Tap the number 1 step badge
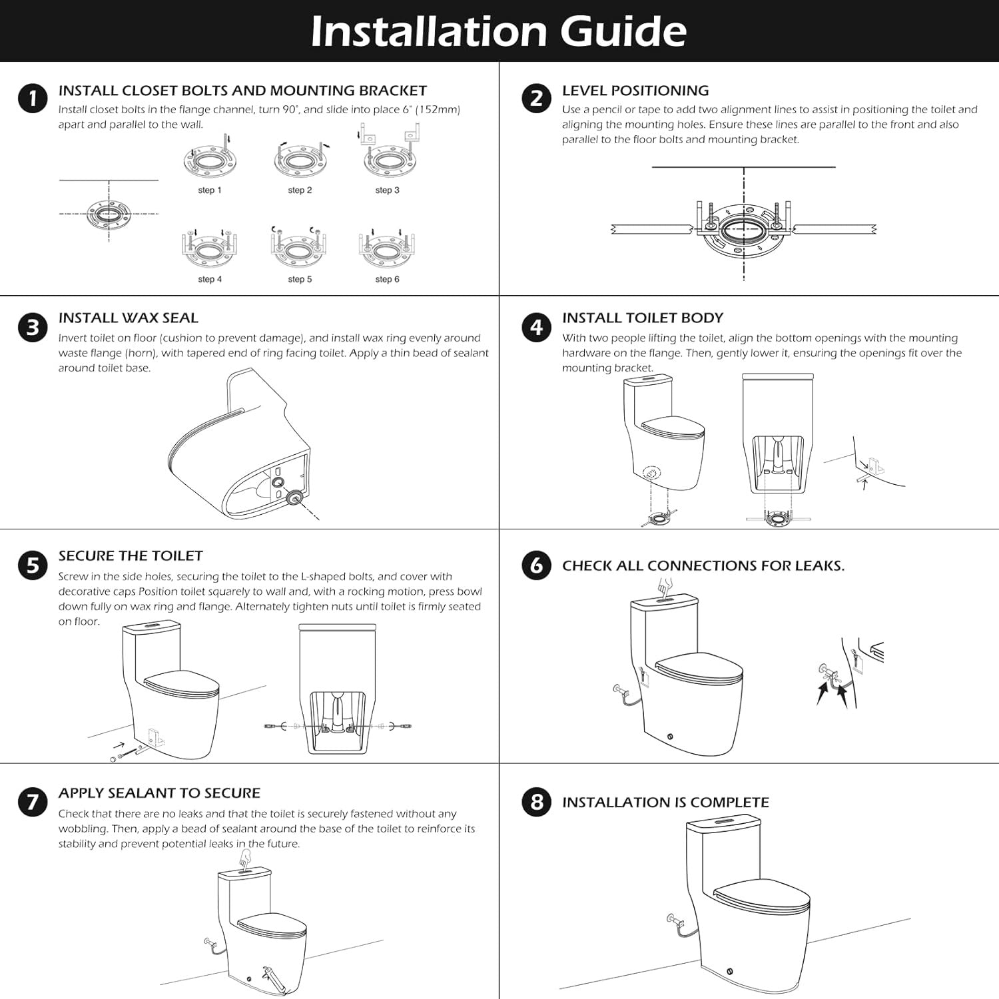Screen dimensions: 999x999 (33, 99)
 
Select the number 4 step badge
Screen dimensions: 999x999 (536, 327)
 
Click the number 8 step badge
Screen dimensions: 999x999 (536, 802)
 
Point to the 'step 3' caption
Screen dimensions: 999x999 (387, 190)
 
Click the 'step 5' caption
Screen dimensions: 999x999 (300, 280)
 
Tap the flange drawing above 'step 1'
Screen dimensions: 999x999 (210, 161)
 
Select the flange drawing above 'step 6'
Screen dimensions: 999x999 (387, 250)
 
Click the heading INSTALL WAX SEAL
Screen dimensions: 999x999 (128, 318)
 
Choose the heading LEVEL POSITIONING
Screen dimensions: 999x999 (635, 91)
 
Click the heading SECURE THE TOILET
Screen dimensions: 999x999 (131, 556)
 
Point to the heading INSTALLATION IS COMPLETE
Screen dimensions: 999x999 (665, 803)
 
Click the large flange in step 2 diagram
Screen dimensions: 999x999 (744, 230)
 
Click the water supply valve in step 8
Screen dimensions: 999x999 (674, 923)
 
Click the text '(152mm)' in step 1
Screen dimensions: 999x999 (438, 110)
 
